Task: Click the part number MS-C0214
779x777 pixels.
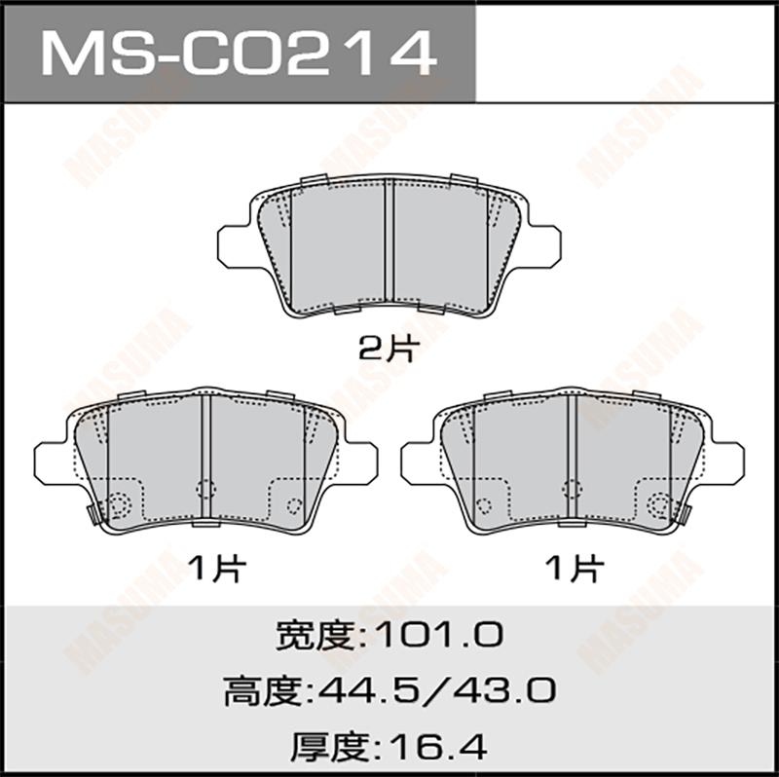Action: pyautogui.click(x=239, y=53)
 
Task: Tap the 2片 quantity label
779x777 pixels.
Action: pyautogui.click(x=389, y=349)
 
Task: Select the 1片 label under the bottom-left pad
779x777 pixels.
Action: pyautogui.click(x=217, y=568)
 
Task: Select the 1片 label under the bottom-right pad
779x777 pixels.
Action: pyautogui.click(x=575, y=568)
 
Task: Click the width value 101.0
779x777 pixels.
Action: pyautogui.click(x=439, y=635)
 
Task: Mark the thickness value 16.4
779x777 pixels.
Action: pyautogui.click(x=437, y=747)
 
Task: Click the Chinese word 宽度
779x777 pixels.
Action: pyautogui.click(x=315, y=635)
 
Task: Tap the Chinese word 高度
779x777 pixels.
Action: pyautogui.click(x=262, y=691)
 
